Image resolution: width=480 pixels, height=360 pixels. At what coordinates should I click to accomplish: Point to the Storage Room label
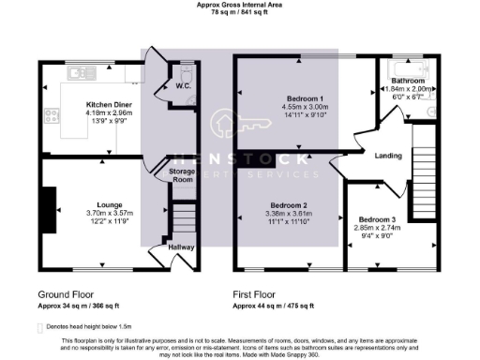coord(182,175)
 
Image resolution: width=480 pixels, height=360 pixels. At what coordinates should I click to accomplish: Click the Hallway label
coord(182,247)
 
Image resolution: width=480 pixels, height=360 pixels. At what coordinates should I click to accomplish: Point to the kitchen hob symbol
coord(52,117)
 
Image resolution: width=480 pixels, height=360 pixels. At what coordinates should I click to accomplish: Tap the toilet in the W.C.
coord(186,73)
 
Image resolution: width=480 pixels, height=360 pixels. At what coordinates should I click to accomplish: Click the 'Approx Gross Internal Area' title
coord(240,5)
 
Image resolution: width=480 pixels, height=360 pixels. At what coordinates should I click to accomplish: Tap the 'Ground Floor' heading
coord(66,293)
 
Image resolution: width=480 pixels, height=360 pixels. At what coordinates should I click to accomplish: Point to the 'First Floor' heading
coord(258,293)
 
